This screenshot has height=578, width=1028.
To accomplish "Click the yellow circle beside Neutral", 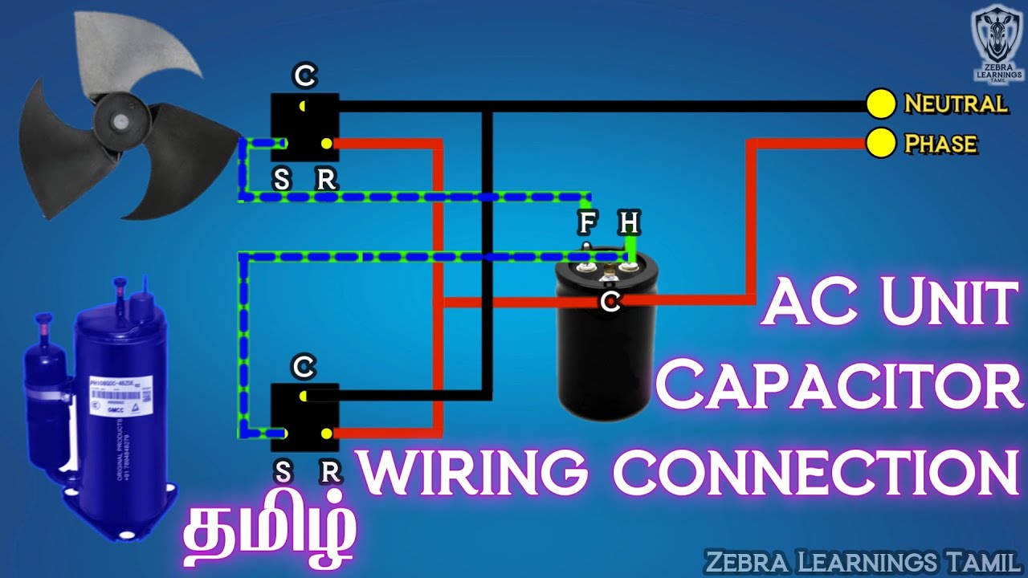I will click(x=881, y=104).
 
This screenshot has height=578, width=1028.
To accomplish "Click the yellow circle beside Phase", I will click(x=881, y=144).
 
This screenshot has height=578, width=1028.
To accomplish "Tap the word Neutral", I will click(x=955, y=104).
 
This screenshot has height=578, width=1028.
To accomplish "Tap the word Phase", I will click(x=940, y=144).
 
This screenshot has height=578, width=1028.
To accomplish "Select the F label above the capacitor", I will click(x=587, y=222).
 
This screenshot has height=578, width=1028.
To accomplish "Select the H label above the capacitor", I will click(x=629, y=222).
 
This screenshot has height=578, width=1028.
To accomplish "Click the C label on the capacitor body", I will click(x=610, y=302).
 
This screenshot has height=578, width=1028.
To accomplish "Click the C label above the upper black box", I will click(x=304, y=77).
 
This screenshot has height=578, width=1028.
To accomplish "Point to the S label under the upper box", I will click(x=281, y=180).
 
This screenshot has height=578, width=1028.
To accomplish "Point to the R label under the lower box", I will click(x=328, y=473).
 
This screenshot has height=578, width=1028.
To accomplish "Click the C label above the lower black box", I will click(x=304, y=368).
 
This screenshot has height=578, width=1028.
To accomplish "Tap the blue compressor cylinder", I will click(x=120, y=401).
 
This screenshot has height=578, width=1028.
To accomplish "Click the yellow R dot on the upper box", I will click(x=326, y=144).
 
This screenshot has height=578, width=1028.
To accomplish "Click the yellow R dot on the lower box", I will click(x=326, y=433).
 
